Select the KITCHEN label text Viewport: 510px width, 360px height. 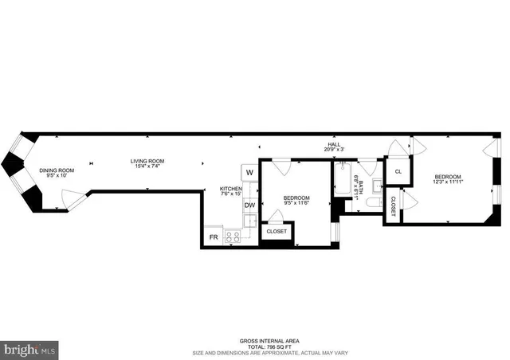coord(231,189)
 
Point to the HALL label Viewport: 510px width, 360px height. coord(333,144)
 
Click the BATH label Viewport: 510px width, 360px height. coord(360,188)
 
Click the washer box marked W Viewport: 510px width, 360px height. coord(249,172)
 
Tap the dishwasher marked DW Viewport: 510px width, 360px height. coord(249,205)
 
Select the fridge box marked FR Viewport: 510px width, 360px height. coord(214,237)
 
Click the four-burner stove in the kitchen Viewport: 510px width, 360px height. coord(233,237)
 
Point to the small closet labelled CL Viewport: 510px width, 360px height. coord(398,170)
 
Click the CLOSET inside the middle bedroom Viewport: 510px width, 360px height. coord(277,232)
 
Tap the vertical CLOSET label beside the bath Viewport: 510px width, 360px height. coord(393,205)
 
